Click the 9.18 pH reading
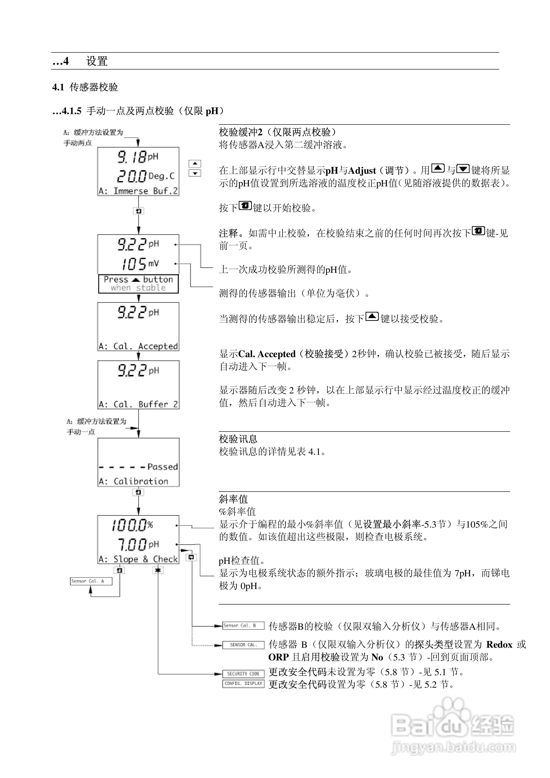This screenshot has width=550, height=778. click(x=137, y=157)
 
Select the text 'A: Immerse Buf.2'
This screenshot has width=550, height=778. click(x=138, y=191)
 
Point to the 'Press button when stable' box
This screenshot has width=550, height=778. click(x=138, y=284)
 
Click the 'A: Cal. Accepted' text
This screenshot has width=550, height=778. click(x=138, y=346)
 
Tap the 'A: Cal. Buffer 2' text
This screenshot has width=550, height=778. click(x=138, y=404)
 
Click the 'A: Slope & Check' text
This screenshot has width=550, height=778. click(x=138, y=559)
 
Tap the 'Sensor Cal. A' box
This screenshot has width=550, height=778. click(x=91, y=581)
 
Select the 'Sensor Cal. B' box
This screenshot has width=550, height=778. click(x=243, y=626)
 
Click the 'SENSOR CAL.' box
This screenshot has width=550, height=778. click(x=243, y=645)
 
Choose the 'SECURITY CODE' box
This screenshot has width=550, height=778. click(x=243, y=674)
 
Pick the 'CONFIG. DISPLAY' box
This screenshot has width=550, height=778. click(x=243, y=684)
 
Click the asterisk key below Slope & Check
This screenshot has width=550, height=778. click(x=158, y=571)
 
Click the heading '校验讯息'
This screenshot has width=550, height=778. click(x=238, y=439)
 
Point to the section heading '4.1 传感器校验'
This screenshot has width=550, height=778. click(x=85, y=87)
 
